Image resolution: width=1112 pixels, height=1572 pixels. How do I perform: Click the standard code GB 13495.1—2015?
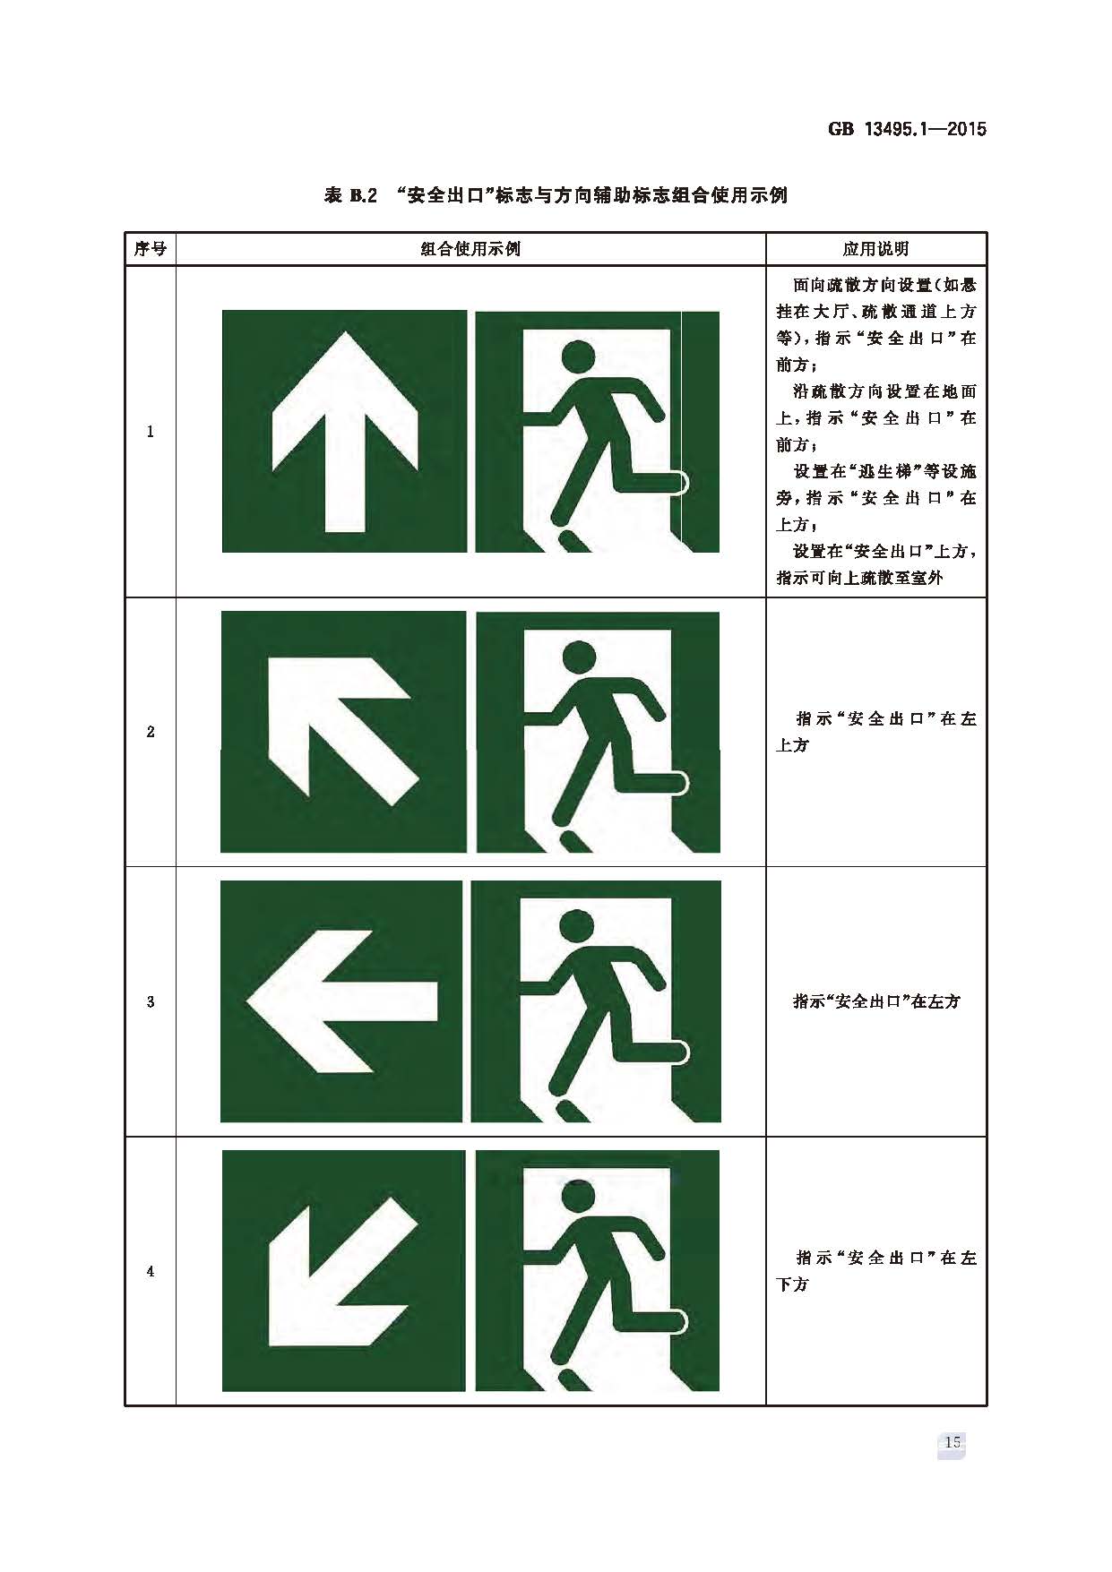coord(906,129)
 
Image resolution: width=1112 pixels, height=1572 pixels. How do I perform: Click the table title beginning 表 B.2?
coord(556,195)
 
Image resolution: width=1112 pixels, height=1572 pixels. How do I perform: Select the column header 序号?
coord(150,249)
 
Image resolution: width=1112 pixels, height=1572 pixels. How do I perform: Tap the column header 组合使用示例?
coord(470,249)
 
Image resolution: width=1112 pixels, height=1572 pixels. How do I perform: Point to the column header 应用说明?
coord(875,249)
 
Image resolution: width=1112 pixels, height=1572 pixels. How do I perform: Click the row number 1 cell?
coord(150,432)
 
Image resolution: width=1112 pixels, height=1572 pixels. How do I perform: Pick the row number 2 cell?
coord(150,732)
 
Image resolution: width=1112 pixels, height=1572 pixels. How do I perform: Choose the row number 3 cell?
coord(150,1001)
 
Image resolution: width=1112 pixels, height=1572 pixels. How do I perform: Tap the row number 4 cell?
coord(150,1271)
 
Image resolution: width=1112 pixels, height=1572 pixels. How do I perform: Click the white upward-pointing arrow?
coord(345,430)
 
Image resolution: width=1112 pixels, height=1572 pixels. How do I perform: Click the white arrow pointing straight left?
coord(340,1001)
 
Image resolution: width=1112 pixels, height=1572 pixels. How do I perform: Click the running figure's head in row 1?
coord(578,356)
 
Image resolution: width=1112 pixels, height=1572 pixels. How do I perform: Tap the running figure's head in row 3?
coord(575,926)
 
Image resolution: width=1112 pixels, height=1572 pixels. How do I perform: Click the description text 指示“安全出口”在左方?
coord(875,1001)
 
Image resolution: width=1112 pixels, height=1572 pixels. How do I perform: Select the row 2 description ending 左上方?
coord(875,732)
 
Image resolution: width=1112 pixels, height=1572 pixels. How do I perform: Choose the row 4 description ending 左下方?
coord(875,1271)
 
